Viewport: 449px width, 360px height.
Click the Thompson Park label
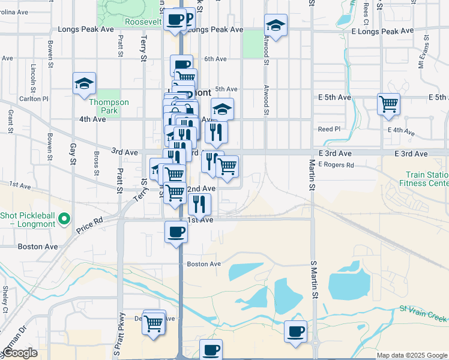coord(109,106)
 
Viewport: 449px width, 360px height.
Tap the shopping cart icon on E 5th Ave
coord(388,104)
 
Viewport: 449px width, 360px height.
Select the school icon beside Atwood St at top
coord(276,25)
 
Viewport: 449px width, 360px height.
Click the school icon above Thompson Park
coord(84,83)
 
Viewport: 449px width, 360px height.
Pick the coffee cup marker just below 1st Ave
coord(176,231)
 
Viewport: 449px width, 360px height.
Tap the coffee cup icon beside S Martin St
coord(295,331)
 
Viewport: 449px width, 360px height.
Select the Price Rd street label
coord(89,226)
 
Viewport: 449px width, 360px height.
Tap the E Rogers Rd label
coord(336,164)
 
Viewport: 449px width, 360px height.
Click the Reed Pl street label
coord(329,129)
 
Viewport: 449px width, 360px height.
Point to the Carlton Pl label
coord(33,98)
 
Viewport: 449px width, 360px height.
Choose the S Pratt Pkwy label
coord(122,335)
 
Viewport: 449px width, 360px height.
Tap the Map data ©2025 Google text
coord(411,355)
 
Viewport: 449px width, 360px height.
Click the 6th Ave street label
coord(215,59)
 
